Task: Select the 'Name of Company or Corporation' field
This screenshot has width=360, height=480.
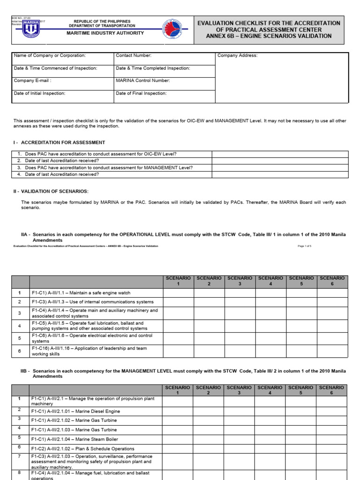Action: click(50, 55)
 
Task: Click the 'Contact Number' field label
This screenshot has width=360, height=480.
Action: click(134, 55)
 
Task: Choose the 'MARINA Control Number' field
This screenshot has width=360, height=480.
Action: click(142, 81)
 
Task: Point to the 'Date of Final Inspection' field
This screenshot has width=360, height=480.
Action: click(141, 93)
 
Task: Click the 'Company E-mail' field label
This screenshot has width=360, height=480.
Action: click(31, 81)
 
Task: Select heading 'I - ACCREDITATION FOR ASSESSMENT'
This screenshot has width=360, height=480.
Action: click(59, 142)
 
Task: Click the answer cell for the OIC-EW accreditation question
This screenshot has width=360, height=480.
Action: click(280, 154)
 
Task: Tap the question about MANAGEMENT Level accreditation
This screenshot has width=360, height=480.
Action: click(109, 167)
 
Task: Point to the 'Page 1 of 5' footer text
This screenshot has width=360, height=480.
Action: click(304, 246)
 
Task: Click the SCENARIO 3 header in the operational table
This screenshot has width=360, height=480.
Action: click(240, 281)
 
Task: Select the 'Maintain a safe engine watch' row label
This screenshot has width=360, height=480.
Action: click(81, 293)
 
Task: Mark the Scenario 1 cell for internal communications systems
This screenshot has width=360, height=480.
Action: click(178, 302)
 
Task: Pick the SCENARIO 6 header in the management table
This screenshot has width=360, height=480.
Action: click(331, 390)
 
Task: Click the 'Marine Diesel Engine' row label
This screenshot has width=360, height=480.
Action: click(75, 411)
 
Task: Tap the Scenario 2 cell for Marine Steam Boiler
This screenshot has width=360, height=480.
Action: click(208, 439)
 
